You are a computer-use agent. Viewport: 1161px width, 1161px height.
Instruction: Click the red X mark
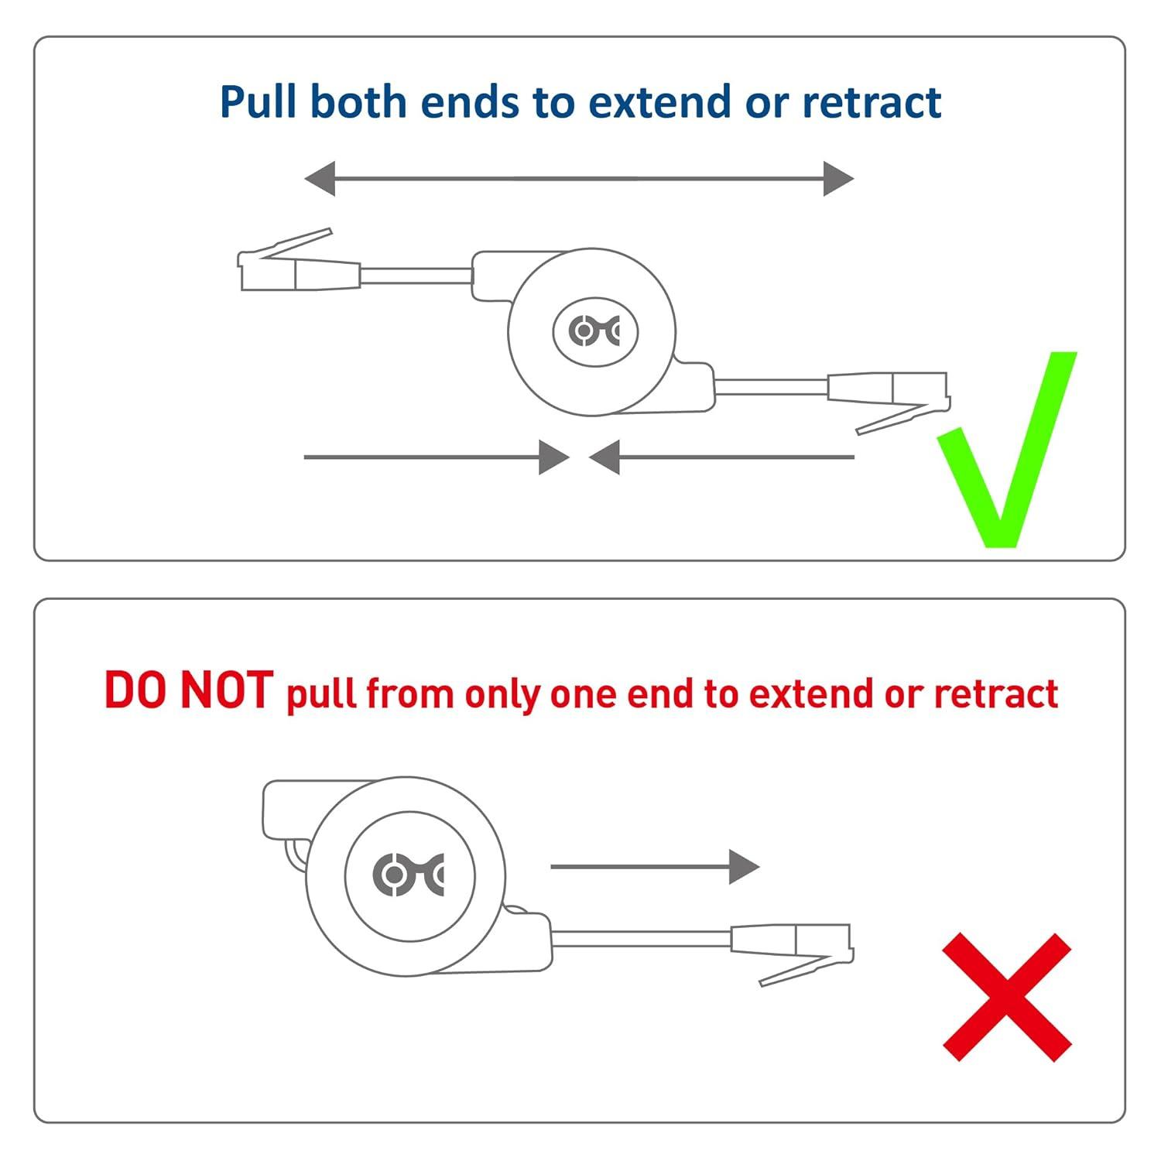pos(1007,997)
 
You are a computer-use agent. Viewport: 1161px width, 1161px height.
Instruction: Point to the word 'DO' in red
pos(135,690)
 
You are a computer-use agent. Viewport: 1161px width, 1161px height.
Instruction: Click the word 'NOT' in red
pos(226,690)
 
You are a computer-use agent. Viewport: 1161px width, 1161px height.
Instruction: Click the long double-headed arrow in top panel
pos(579,179)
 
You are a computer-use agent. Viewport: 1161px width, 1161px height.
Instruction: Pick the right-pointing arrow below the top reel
pos(437,457)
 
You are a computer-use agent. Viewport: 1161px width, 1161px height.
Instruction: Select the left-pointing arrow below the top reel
pos(721,457)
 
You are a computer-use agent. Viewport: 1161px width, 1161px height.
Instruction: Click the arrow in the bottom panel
pos(655,867)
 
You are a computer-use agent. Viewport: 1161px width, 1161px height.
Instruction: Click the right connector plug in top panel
pos(889,402)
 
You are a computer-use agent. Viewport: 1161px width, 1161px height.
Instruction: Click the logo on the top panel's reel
pos(594,331)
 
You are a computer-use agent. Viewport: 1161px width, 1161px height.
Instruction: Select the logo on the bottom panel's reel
pos(409,875)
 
